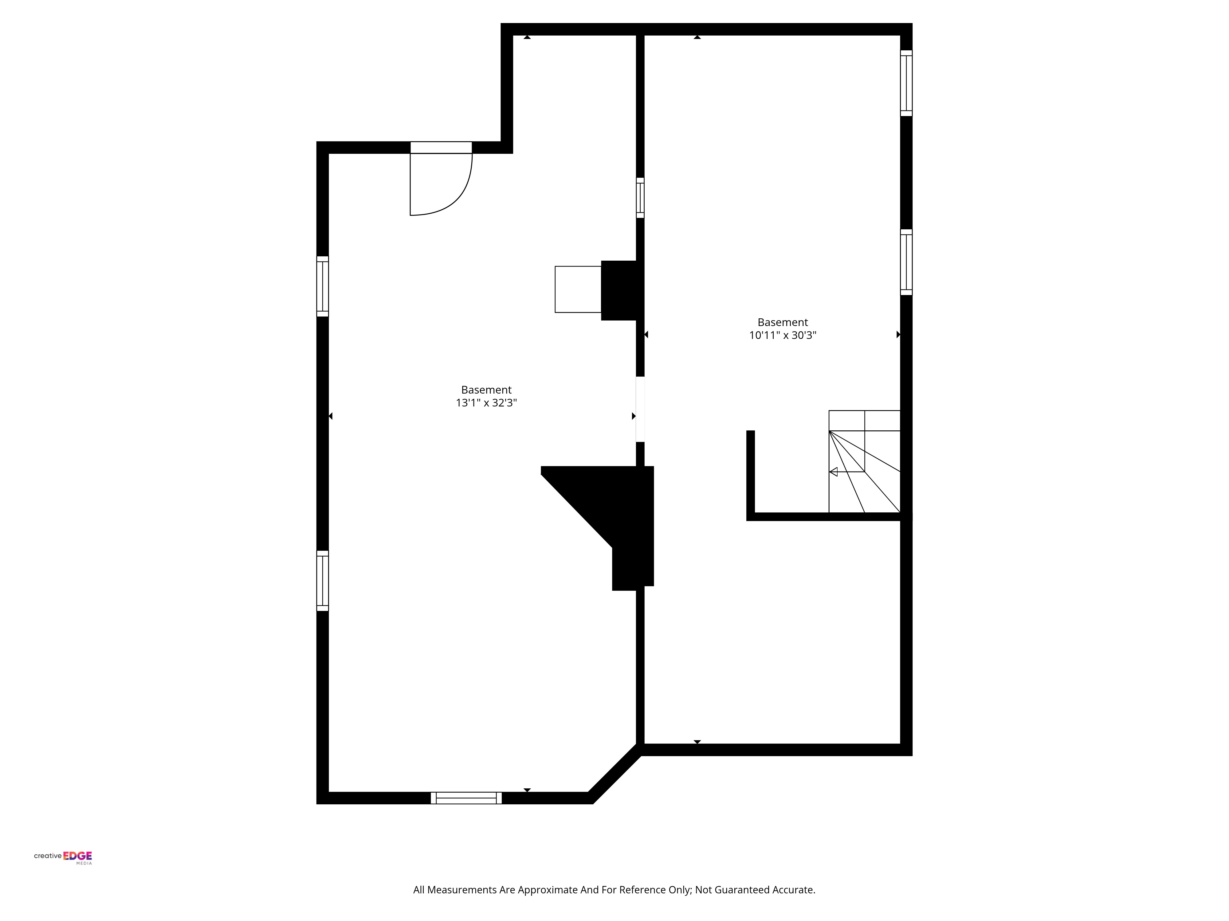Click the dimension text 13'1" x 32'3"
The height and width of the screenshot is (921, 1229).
click(486, 403)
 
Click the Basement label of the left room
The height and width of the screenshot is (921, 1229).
click(486, 390)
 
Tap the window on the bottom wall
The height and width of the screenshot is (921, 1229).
click(466, 798)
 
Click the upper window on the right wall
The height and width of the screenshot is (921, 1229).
click(906, 83)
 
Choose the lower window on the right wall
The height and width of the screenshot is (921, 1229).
click(906, 262)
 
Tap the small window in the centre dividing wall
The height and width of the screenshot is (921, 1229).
click(640, 198)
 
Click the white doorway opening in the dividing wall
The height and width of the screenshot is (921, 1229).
click(640, 409)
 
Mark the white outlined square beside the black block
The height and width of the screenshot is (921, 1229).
click(578, 289)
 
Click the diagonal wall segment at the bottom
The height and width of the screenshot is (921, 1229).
click(615, 773)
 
